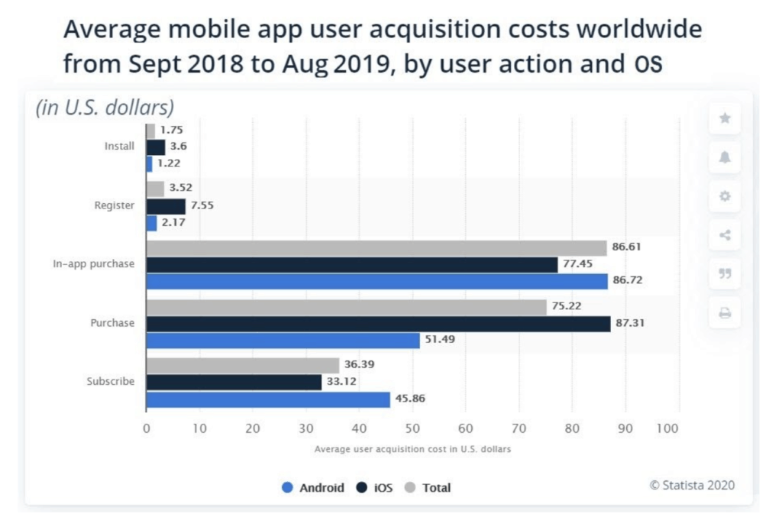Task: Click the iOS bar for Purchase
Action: pyautogui.click(x=378, y=324)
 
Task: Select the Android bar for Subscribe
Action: pyautogui.click(x=267, y=399)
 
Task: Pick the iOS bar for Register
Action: pyautogui.click(x=166, y=206)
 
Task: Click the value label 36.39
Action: pyautogui.click(x=359, y=365)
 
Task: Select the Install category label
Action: pyautogui.click(x=119, y=146)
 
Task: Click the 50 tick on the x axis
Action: pyautogui.click(x=412, y=429)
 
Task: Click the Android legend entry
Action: pyautogui.click(x=312, y=487)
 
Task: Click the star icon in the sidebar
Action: pyautogui.click(x=725, y=118)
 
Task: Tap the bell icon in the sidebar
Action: pyautogui.click(x=725, y=157)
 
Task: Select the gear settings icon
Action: pyautogui.click(x=725, y=196)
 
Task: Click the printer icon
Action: pyautogui.click(x=725, y=313)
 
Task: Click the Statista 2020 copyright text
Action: pyautogui.click(x=693, y=485)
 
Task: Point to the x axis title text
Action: pyautogui.click(x=412, y=449)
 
